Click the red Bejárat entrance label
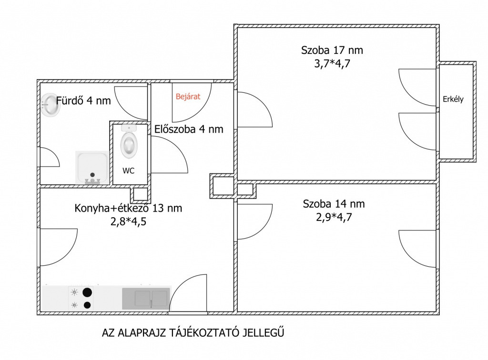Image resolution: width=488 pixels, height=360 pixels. pos(188,97)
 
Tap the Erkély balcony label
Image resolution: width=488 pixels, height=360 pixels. pos(453,99)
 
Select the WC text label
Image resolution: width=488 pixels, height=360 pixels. pos(129,170)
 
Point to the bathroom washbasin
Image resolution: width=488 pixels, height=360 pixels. pos(50,105)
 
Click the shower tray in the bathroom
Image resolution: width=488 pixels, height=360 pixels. pos(92,168)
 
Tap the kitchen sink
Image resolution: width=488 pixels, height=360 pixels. pos(146,299)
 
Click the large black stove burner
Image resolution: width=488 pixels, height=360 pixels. pos(88,292)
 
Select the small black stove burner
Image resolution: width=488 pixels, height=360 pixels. pos(88,305)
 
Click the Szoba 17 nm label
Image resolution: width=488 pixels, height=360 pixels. pos(332,50)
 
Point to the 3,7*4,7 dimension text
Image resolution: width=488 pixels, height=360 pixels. pos(332,64)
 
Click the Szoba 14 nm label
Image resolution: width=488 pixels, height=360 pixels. pos(334,204)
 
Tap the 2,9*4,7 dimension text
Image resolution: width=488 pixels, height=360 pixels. pos(334,217)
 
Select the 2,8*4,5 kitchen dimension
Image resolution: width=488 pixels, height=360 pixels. pos(129,221)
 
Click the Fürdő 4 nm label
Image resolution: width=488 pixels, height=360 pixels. pos(83,101)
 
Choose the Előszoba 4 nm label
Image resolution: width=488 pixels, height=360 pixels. pos(189,129)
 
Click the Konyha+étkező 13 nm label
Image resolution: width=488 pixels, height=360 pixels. pos(128,208)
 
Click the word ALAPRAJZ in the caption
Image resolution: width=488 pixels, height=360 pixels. pos(142,333)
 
